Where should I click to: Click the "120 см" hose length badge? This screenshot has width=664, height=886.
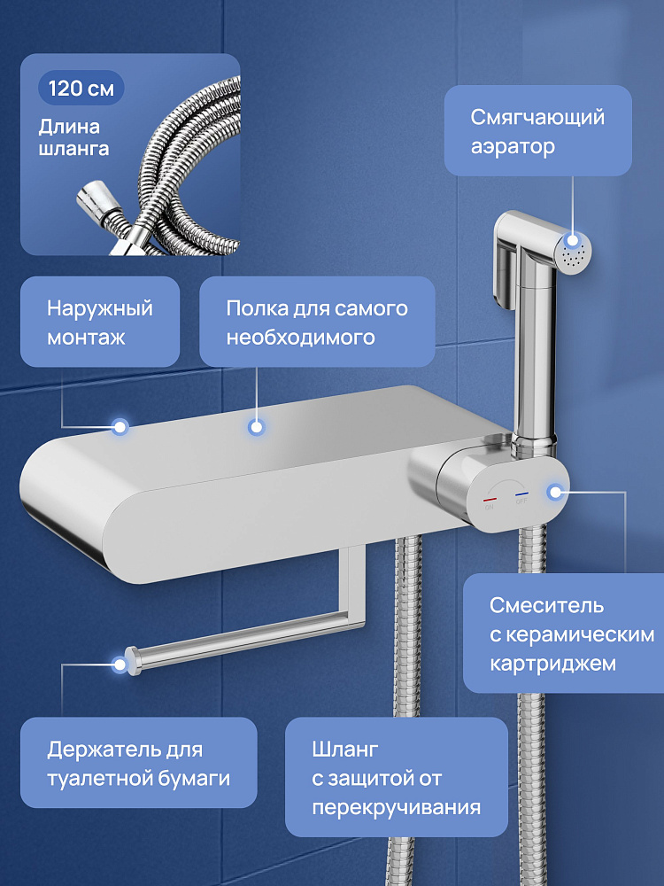coord(81,88)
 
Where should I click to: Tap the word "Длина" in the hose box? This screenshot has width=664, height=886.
coord(69,128)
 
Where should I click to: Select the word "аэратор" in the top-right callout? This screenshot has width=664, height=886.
coord(513,147)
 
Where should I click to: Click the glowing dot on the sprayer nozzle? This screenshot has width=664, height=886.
coord(573,240)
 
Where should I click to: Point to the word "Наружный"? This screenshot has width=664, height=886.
coord(100,308)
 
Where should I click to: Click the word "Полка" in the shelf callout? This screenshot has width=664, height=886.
coord(257,308)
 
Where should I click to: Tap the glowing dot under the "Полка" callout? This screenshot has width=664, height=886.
coord(257,428)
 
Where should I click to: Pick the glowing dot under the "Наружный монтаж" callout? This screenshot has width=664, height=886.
coord(120,427)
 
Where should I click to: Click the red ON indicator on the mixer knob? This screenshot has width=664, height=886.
coord(490,500)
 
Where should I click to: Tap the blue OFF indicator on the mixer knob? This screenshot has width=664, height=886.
coord(521,494)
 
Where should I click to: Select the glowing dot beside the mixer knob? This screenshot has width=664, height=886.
coord(556,492)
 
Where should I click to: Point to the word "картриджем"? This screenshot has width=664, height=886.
coord(552,664)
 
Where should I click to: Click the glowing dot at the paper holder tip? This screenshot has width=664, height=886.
coord(120,664)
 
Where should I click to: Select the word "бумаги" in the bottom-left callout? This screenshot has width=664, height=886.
coord(194,779)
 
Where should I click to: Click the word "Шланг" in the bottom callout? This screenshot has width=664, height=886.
coord(345,750)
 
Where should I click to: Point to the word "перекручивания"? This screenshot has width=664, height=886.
coord(397,807)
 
